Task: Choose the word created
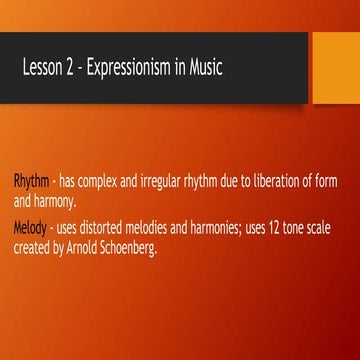coord(31,246)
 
